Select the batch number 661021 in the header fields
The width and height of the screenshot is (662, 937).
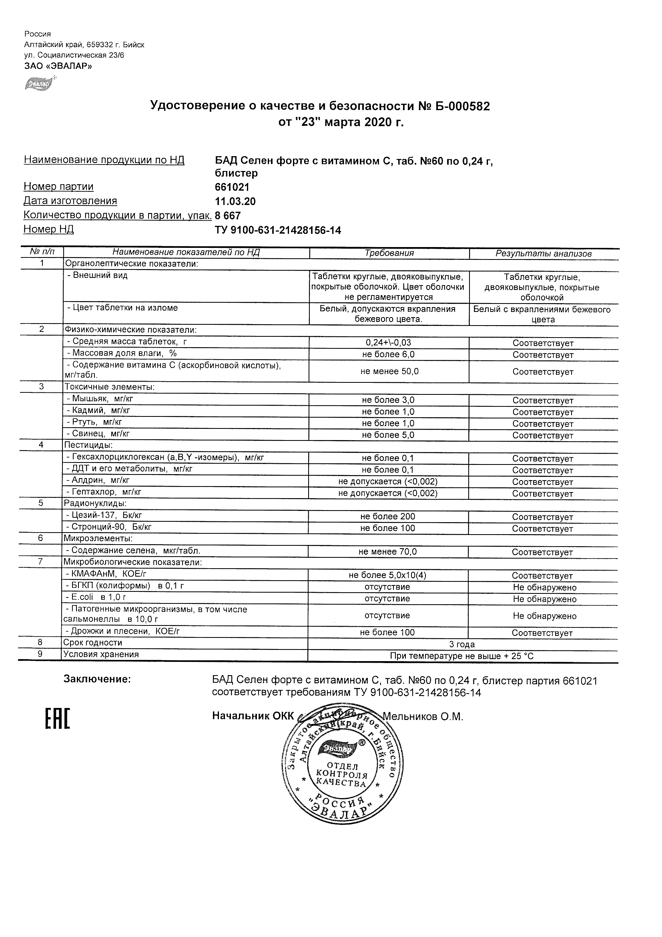pos(232,187)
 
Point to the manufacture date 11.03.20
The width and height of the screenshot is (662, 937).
pos(235,201)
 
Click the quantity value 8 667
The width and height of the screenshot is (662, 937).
pos(228,215)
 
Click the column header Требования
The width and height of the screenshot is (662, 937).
pos(389,253)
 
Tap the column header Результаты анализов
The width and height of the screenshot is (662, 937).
pos(543,253)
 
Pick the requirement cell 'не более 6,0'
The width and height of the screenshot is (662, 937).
pos(388,354)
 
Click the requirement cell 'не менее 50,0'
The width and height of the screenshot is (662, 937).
pos(389,371)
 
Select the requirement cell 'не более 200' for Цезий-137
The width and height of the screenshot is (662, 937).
pos(387,517)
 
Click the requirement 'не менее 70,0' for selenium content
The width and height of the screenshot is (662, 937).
pos(387,552)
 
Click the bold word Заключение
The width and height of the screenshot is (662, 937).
pos(97,679)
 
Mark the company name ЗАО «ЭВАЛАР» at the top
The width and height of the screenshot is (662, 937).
pos(58,66)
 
